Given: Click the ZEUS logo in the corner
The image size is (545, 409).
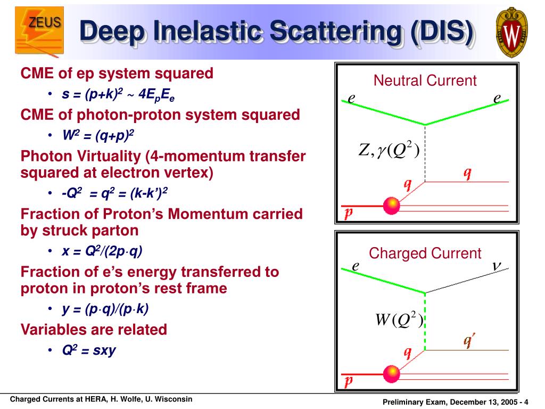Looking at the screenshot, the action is (39, 30).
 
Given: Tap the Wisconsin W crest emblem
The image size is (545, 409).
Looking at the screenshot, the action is (511, 32).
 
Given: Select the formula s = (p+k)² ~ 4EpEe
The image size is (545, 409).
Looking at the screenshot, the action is (118, 95).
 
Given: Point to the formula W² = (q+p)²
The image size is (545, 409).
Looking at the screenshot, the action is (98, 135).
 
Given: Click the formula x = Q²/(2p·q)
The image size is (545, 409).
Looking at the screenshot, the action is (102, 251).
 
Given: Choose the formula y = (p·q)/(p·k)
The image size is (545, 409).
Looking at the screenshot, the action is (105, 308).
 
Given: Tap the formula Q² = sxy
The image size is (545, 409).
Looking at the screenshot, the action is (89, 350).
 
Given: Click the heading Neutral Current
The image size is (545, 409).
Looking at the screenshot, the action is (425, 80).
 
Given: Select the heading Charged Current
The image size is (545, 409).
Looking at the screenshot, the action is (425, 253).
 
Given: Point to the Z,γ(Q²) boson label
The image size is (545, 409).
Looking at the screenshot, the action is (389, 150).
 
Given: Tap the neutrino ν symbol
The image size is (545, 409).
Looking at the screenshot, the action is (497, 266).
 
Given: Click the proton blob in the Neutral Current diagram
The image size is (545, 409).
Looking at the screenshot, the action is (392, 206).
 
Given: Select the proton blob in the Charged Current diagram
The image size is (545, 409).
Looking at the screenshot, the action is (392, 374).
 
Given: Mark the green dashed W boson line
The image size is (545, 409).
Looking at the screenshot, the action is (425, 322).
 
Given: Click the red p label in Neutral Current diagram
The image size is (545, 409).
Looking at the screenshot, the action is (348, 213).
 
